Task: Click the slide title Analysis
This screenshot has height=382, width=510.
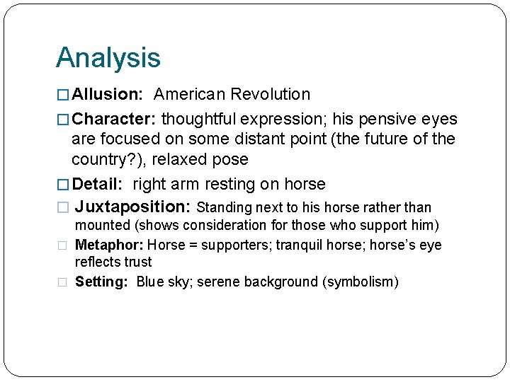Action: (108, 59)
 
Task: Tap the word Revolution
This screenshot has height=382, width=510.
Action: (272, 95)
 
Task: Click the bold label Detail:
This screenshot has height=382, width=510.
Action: (99, 185)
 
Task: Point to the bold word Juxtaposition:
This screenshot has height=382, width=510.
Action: (132, 207)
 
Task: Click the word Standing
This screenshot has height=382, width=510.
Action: (223, 208)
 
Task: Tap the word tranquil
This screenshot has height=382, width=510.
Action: (300, 245)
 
